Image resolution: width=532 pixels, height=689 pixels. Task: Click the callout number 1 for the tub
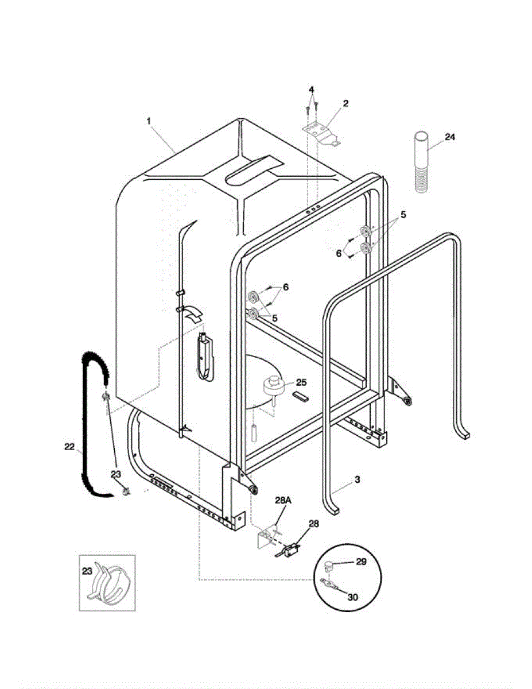(149, 121)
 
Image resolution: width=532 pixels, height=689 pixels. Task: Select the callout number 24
(449, 137)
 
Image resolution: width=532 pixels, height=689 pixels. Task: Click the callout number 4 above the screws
(311, 90)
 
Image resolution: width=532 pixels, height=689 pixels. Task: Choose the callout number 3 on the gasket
(357, 479)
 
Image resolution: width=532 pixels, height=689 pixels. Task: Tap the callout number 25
(301, 381)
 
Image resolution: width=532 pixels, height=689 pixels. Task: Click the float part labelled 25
(275, 385)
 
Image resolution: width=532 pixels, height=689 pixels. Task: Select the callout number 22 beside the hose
(69, 446)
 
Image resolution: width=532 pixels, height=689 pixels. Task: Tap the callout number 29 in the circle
(361, 562)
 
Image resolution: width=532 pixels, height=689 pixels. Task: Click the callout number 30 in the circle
(353, 597)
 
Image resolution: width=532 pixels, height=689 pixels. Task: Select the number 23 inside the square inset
(87, 571)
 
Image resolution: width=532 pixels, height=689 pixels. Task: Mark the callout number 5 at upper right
(403, 214)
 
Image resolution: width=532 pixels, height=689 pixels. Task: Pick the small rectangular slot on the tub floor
(300, 396)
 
